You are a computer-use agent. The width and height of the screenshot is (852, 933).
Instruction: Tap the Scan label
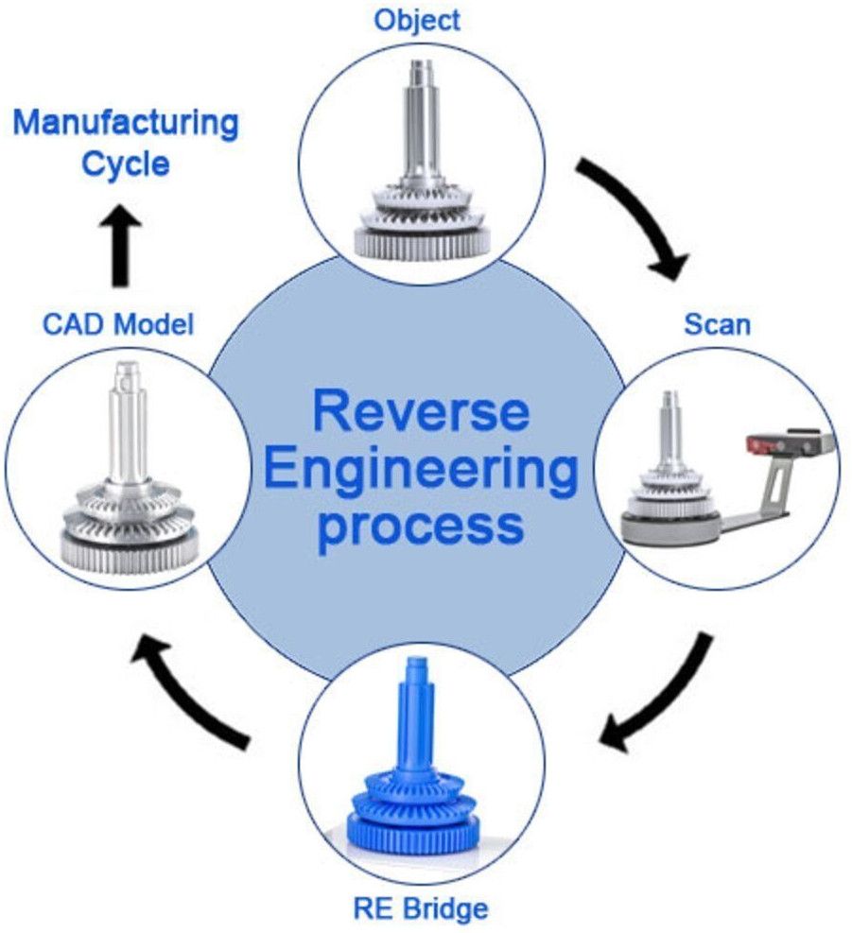point(717,324)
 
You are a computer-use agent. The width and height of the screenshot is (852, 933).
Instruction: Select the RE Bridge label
point(422,909)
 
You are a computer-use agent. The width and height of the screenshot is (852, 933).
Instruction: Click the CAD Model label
point(118,324)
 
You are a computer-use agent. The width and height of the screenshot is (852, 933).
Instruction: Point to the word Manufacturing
point(126,122)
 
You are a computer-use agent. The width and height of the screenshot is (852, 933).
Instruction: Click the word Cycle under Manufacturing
point(126,164)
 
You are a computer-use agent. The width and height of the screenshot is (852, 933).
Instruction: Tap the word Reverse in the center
point(421,414)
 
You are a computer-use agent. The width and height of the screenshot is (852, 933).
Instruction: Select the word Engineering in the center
point(421,470)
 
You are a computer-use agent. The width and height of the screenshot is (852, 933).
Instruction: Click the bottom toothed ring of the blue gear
point(422,836)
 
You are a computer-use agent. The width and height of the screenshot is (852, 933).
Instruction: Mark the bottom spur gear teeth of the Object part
point(423,243)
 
